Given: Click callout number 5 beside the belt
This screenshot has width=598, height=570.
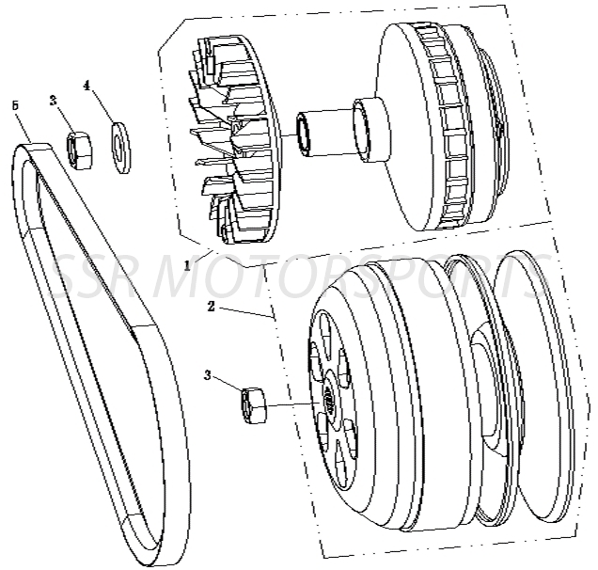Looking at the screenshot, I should (14, 105).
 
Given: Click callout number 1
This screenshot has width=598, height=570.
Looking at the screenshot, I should (189, 265).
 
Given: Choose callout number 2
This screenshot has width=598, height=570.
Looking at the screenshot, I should (212, 307).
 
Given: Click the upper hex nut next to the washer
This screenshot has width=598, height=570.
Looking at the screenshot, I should (80, 149).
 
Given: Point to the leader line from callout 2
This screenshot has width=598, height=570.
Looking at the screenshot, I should (246, 312).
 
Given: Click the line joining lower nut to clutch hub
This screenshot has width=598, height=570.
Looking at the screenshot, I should (296, 404).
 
